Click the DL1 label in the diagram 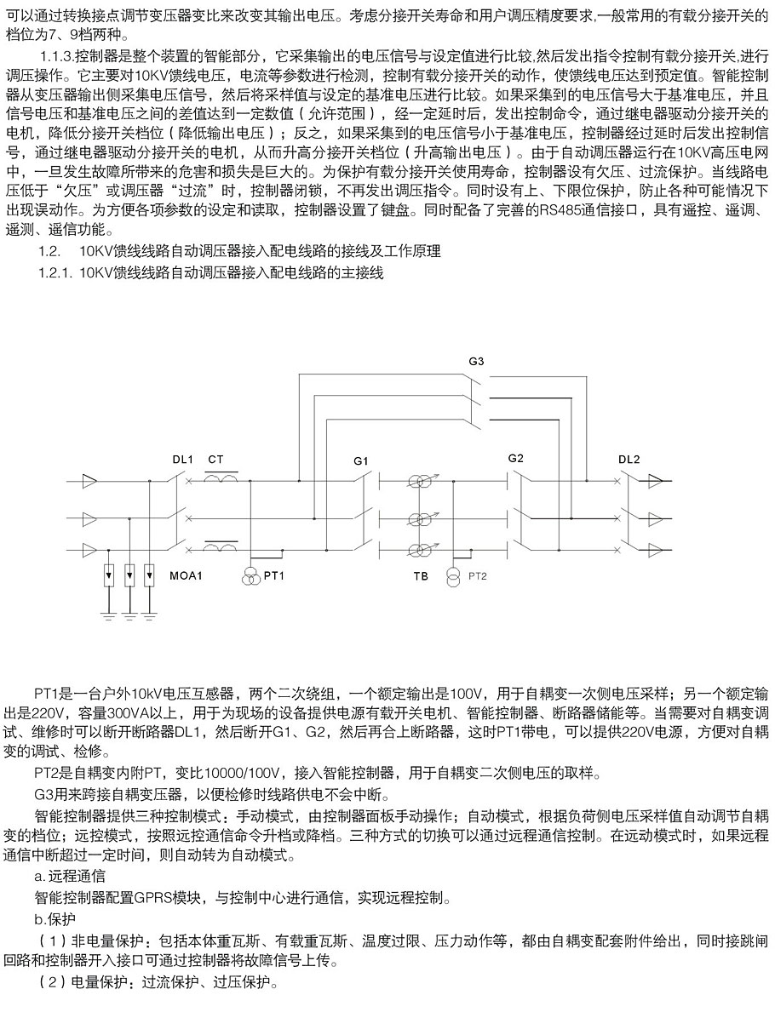click(182, 459)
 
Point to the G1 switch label click(361, 460)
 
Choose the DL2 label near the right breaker click(629, 459)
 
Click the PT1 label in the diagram click(273, 576)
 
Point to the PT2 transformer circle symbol click(452, 576)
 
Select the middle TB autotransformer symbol click(417, 517)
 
